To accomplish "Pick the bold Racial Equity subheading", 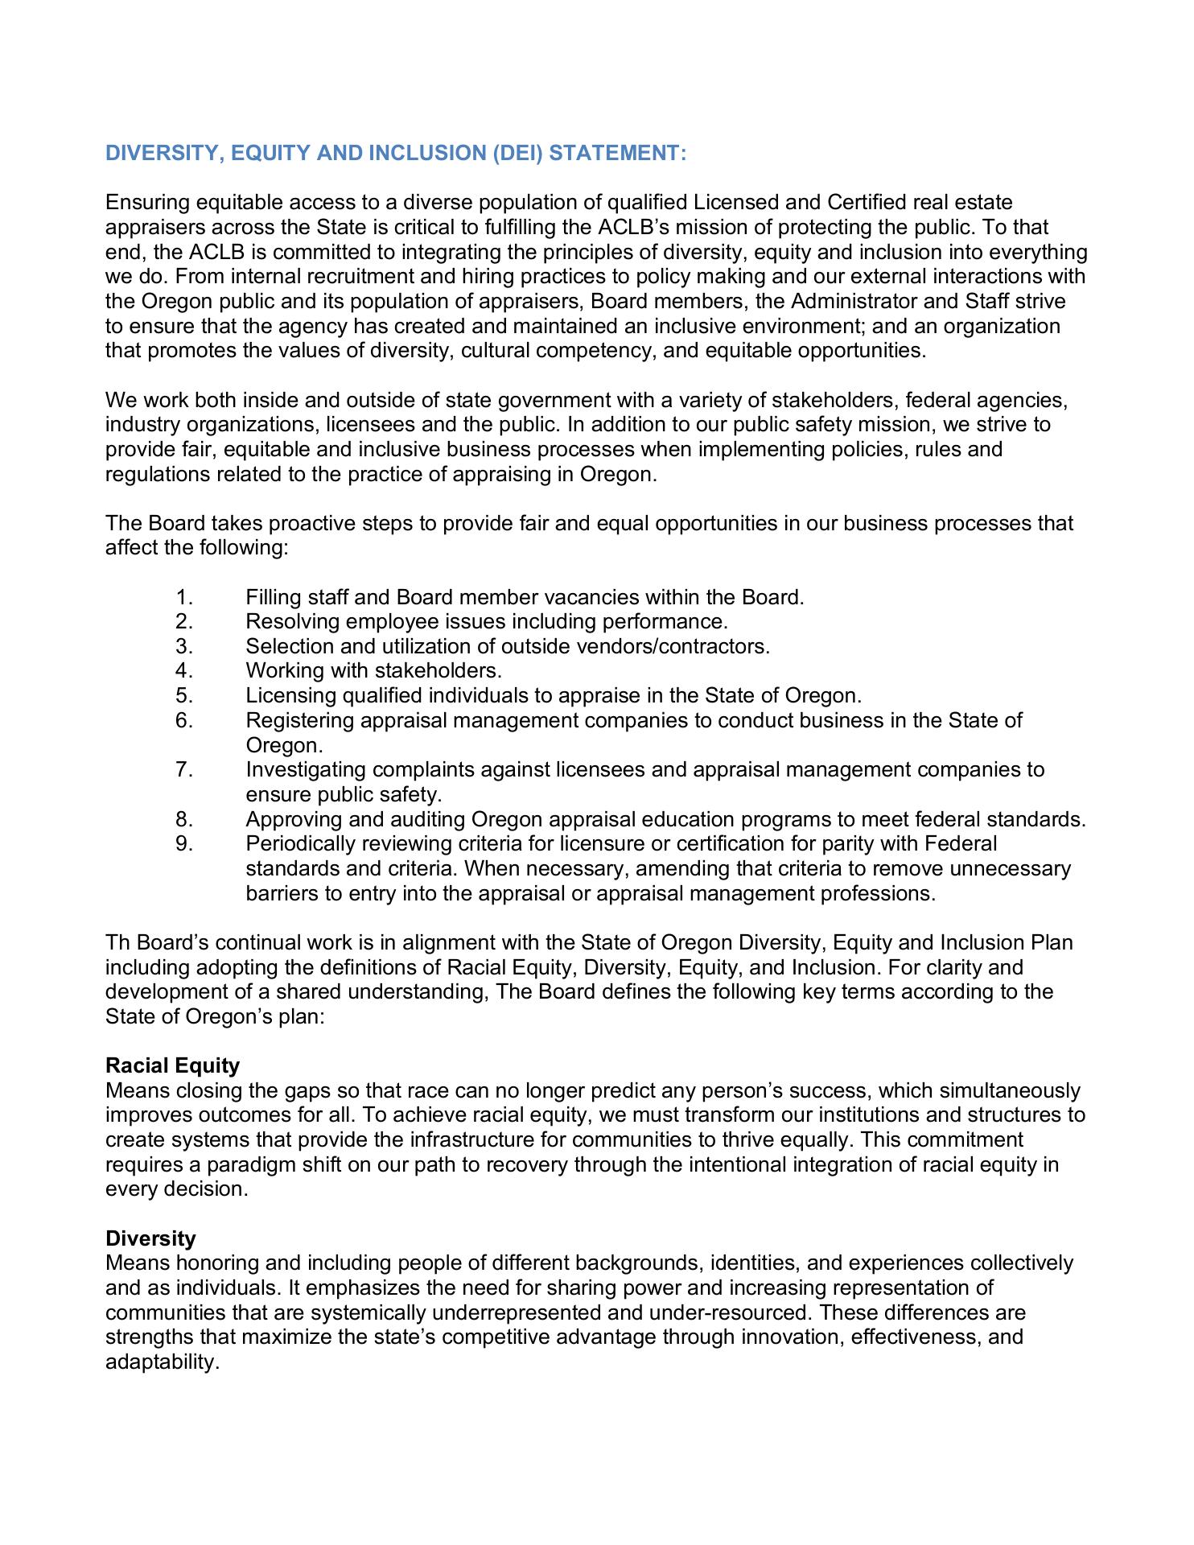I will point(172,1065).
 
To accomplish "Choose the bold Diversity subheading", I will point(150,1238).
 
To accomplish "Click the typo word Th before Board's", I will point(117,942).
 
